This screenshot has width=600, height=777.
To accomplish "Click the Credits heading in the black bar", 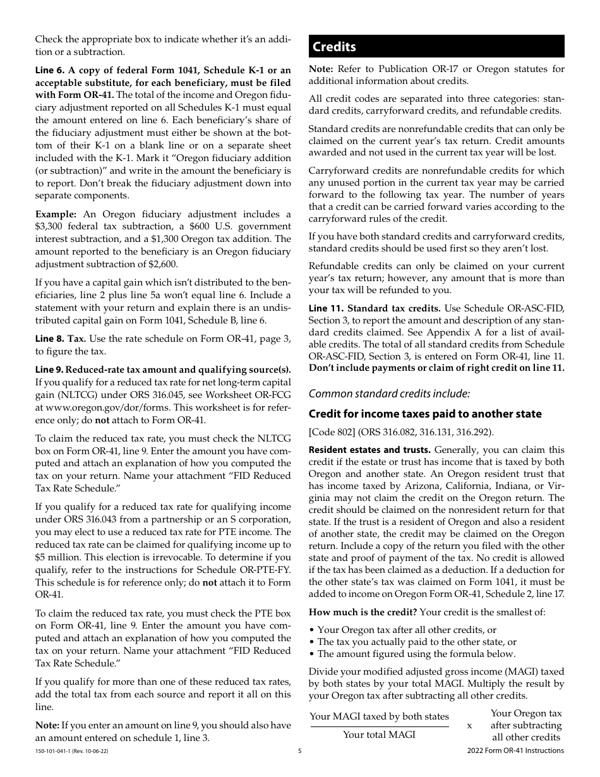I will (335, 47).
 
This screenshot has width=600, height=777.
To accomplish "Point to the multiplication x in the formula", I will (469, 725).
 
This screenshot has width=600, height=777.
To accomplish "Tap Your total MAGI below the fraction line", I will (379, 735).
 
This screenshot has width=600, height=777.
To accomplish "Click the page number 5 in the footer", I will (300, 751).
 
